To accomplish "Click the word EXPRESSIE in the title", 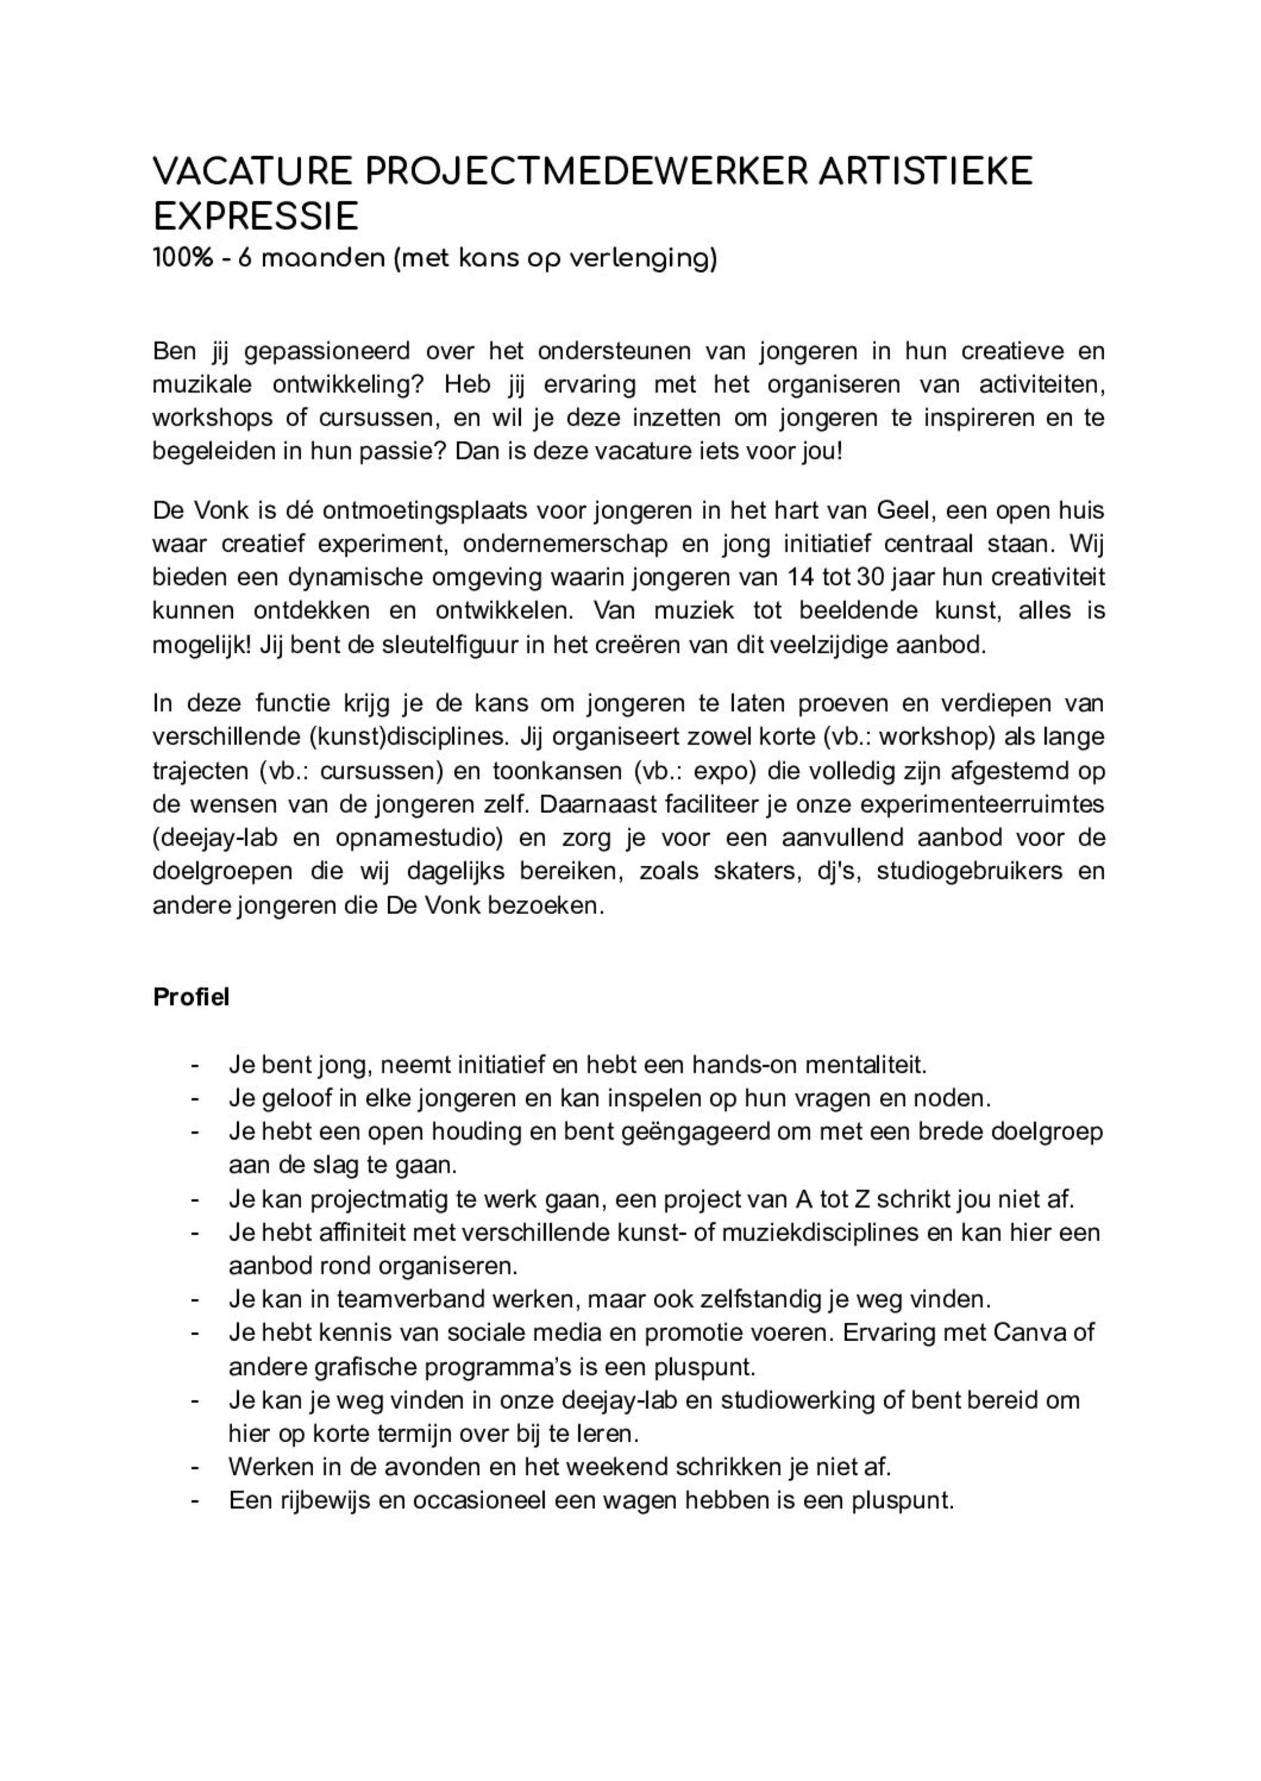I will pos(255,217).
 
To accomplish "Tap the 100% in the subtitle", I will pos(183,259).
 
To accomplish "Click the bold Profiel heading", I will pos(191,998).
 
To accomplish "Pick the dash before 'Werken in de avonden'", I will pos(196,1467).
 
